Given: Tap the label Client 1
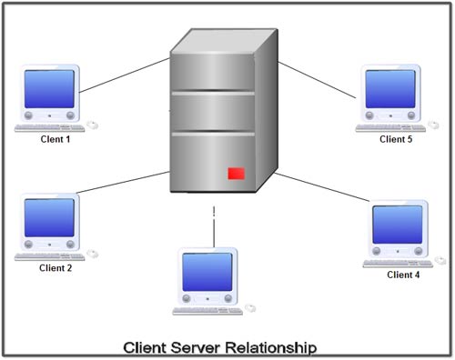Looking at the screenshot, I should [55, 140].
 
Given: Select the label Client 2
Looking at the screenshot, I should [56, 268].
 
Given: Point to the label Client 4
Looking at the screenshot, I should [403, 275].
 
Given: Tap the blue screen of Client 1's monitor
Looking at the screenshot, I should [51, 89].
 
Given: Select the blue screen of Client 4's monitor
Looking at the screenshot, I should [398, 224].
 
